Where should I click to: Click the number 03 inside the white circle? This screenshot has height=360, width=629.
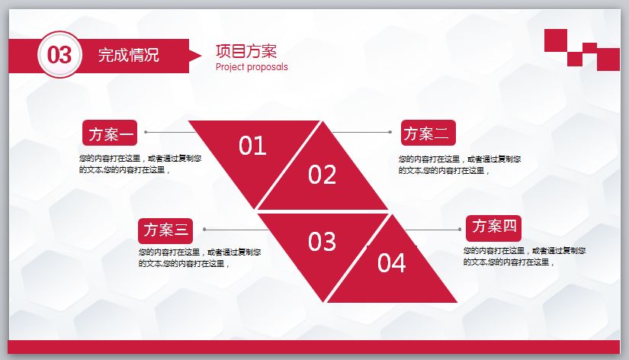(x=59, y=55)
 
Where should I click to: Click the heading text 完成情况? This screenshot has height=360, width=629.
(x=128, y=55)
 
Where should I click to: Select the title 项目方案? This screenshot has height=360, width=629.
(x=246, y=51)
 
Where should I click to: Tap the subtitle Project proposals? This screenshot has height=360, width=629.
(x=252, y=67)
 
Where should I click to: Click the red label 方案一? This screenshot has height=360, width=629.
(x=110, y=134)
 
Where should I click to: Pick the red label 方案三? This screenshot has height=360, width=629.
(x=165, y=230)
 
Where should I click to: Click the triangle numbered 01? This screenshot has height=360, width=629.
(x=252, y=146)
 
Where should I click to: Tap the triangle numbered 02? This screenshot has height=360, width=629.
(x=323, y=175)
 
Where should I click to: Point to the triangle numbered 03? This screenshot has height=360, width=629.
(x=322, y=241)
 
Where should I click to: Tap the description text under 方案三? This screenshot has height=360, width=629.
(x=200, y=258)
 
